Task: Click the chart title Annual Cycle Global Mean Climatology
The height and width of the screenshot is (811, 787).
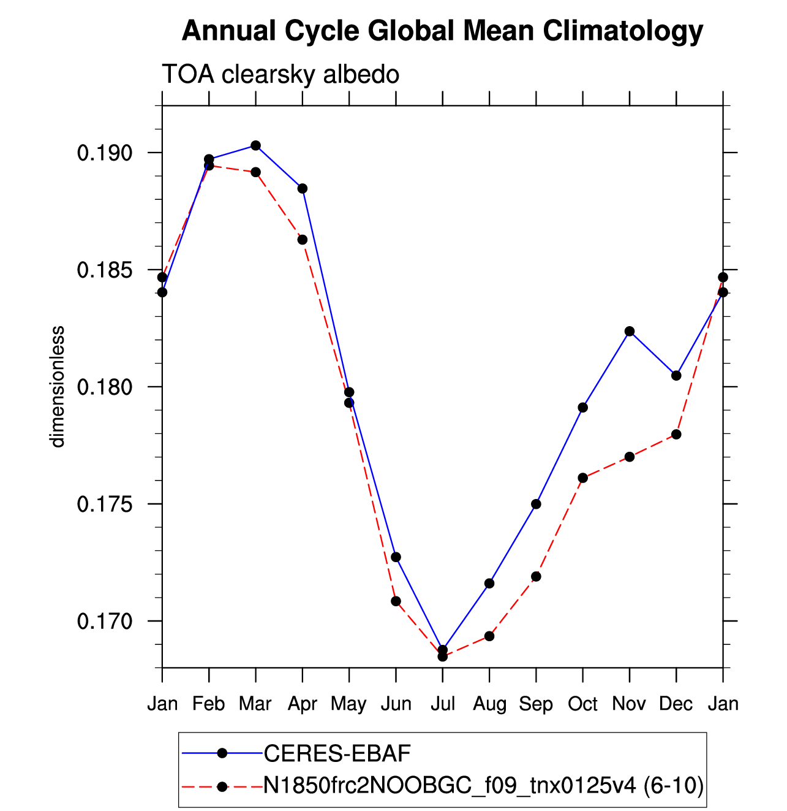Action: (442, 31)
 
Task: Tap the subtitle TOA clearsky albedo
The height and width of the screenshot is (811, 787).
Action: (281, 75)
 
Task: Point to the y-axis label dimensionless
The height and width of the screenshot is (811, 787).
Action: (57, 387)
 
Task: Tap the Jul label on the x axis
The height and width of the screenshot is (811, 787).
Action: (443, 704)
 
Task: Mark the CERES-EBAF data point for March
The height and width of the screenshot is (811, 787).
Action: (255, 145)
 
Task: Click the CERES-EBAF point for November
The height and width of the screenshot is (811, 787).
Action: (630, 331)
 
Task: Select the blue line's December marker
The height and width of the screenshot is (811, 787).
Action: (676, 376)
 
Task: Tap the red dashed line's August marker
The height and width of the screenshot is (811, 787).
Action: (489, 636)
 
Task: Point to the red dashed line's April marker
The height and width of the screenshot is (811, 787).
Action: (303, 240)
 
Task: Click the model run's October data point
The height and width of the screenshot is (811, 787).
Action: (583, 478)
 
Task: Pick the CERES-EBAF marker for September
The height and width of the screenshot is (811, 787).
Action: (536, 504)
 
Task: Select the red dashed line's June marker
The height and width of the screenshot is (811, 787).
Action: (396, 601)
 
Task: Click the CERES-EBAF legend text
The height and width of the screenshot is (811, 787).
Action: (337, 753)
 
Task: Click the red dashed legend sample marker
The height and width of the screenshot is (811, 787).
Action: (222, 787)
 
